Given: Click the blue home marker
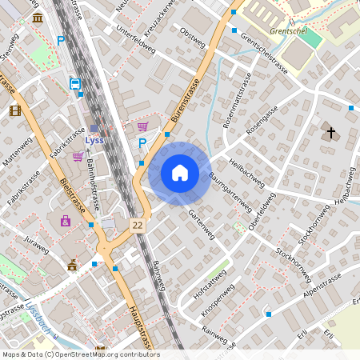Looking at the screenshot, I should click(180, 173).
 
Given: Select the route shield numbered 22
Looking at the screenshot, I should click(139, 226).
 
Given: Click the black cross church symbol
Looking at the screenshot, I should click(330, 132).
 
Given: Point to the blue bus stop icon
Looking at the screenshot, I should click(74, 83).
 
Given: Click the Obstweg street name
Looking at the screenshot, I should click(194, 37).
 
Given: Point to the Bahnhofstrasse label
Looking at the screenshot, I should click(91, 183).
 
